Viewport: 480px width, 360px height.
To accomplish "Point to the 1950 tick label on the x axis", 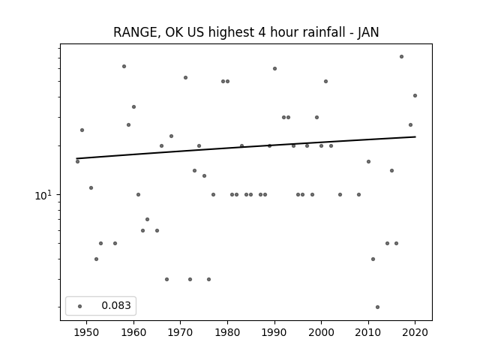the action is (x=87, y=332).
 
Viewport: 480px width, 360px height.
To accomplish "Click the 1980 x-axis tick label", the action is (x=227, y=332).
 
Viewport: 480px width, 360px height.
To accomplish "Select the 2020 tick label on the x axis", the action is (x=415, y=332).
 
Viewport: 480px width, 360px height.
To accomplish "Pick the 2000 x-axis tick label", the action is (x=321, y=332).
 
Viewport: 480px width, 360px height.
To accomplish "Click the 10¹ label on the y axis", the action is (x=45, y=195).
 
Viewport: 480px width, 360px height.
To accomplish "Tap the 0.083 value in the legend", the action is (x=116, y=305).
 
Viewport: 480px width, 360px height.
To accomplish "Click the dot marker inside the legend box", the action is (x=80, y=306).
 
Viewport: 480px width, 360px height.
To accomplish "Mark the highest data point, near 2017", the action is (x=401, y=57).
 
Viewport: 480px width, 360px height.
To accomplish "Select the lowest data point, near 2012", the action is (x=377, y=307).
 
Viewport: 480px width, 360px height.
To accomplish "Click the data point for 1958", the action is (x=124, y=67).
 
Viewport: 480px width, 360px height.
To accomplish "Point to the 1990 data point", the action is (x=275, y=68).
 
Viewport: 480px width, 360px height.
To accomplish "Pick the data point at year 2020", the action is (x=415, y=95).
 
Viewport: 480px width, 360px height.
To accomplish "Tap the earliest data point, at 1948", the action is (x=77, y=161).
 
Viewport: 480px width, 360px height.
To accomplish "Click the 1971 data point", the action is (x=185, y=78).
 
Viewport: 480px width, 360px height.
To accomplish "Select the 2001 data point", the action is (x=325, y=82).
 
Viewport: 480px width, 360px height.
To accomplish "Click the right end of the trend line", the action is (x=415, y=136).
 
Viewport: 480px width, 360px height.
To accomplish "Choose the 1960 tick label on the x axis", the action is (x=133, y=332).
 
